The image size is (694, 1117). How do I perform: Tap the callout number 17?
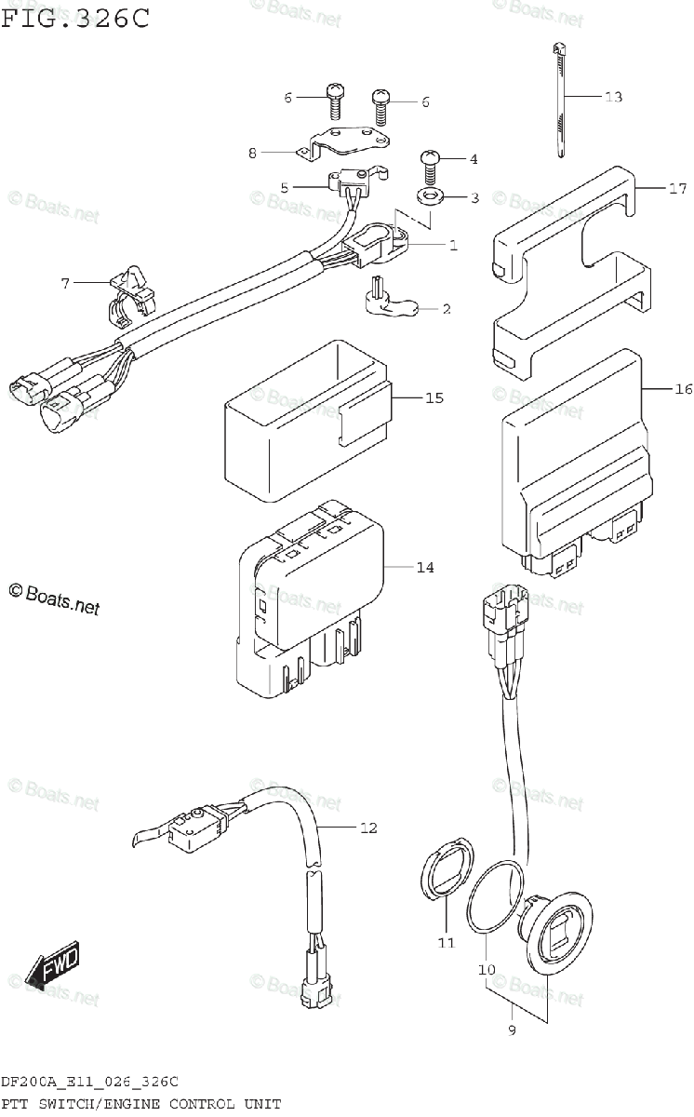(676, 189)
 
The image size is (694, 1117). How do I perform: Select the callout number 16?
(682, 389)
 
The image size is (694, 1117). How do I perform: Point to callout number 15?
(434, 398)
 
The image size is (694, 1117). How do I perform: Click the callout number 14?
(424, 567)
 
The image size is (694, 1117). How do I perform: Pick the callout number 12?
(368, 828)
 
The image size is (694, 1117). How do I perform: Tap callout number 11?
(446, 943)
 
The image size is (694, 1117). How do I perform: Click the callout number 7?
(65, 283)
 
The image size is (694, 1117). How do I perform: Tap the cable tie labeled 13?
(561, 102)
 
